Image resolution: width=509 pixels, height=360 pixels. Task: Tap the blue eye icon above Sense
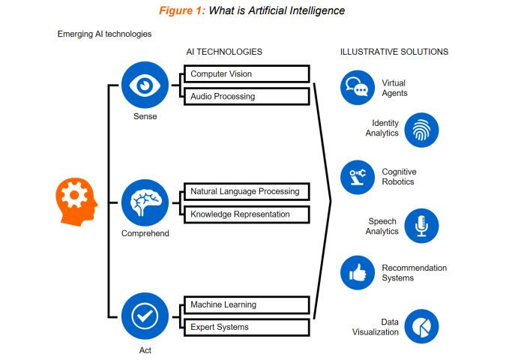(x=145, y=85)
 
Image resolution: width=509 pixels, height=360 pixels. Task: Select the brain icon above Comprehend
(x=145, y=202)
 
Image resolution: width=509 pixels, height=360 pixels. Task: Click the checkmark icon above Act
(x=145, y=316)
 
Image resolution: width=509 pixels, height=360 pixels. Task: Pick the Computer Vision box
(x=246, y=73)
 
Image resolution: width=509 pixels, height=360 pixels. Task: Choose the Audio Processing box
(x=246, y=96)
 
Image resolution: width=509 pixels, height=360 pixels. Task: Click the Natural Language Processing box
(x=246, y=191)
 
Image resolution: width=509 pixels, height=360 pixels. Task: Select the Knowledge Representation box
(x=246, y=214)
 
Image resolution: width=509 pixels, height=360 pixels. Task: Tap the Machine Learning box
(x=246, y=304)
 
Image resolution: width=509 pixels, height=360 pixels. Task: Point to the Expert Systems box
(x=246, y=327)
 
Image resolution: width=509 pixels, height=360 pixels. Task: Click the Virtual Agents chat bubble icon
(x=357, y=88)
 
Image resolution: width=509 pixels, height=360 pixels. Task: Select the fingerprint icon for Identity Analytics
(x=421, y=130)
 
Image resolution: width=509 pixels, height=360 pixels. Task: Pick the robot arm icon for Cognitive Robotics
(x=357, y=178)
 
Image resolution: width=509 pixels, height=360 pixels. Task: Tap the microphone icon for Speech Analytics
(x=421, y=226)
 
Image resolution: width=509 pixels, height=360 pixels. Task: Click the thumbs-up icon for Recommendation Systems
(x=357, y=273)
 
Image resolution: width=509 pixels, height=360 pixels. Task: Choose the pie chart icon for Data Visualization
(x=421, y=326)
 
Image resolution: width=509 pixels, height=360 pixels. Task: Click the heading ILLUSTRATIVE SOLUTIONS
(x=394, y=52)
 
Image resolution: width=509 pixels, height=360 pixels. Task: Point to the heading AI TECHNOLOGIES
(x=224, y=52)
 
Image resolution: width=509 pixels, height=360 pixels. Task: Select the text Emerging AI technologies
(x=104, y=34)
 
